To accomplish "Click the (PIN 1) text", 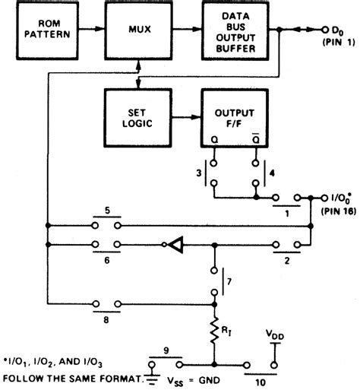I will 333,43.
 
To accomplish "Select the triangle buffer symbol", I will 174,245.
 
